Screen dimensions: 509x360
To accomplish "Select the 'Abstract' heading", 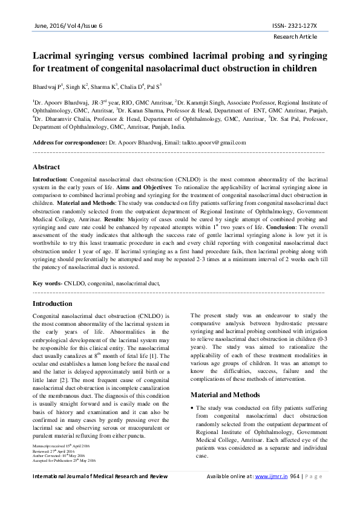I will [46, 167].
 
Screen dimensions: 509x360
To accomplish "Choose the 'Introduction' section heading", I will [53, 303].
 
